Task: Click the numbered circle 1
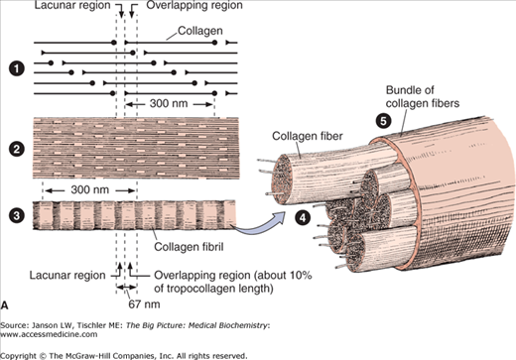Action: pos(17,69)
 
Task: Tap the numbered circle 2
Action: pos(17,149)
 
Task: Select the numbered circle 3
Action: pos(17,216)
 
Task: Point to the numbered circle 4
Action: pos(303,217)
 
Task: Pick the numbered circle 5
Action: pos(383,121)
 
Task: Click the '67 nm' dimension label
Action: pos(144,304)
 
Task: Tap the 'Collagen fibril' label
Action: pos(189,247)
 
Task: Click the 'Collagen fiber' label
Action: pos(308,136)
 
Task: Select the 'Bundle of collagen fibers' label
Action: pos(423,96)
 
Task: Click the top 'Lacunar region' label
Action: pos(72,5)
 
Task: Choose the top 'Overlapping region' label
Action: pos(194,5)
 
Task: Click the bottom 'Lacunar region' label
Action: pos(67,275)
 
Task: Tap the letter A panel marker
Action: pos(4,304)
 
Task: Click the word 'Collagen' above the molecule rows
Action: pos(200,31)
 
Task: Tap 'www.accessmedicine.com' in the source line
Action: pos(49,334)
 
